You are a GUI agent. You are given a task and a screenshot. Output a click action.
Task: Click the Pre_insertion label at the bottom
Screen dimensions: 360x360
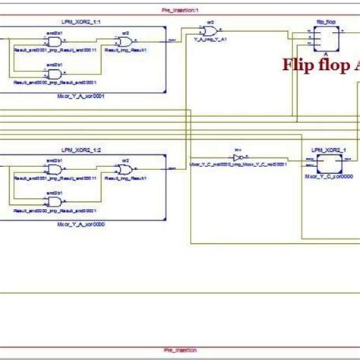179,349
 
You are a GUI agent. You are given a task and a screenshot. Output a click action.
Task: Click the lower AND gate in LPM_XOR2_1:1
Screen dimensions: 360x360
55,74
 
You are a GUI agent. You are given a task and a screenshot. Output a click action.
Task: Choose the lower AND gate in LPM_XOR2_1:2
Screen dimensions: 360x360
55,201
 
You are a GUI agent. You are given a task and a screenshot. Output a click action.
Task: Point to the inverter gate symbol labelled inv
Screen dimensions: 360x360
238,158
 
